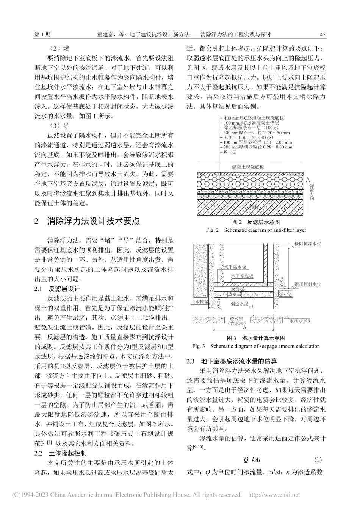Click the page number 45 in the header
pyautogui.click(x=323, y=34)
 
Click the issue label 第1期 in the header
pyautogui.click(x=42, y=34)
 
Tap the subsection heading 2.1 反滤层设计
pyautogui.click(x=57, y=289)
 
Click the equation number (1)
pyautogui.click(x=318, y=460)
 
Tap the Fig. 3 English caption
pyautogui.click(x=256, y=346)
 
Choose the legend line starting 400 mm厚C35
pyautogui.click(x=254, y=118)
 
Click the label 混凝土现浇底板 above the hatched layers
pyautogui.click(x=248, y=167)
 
